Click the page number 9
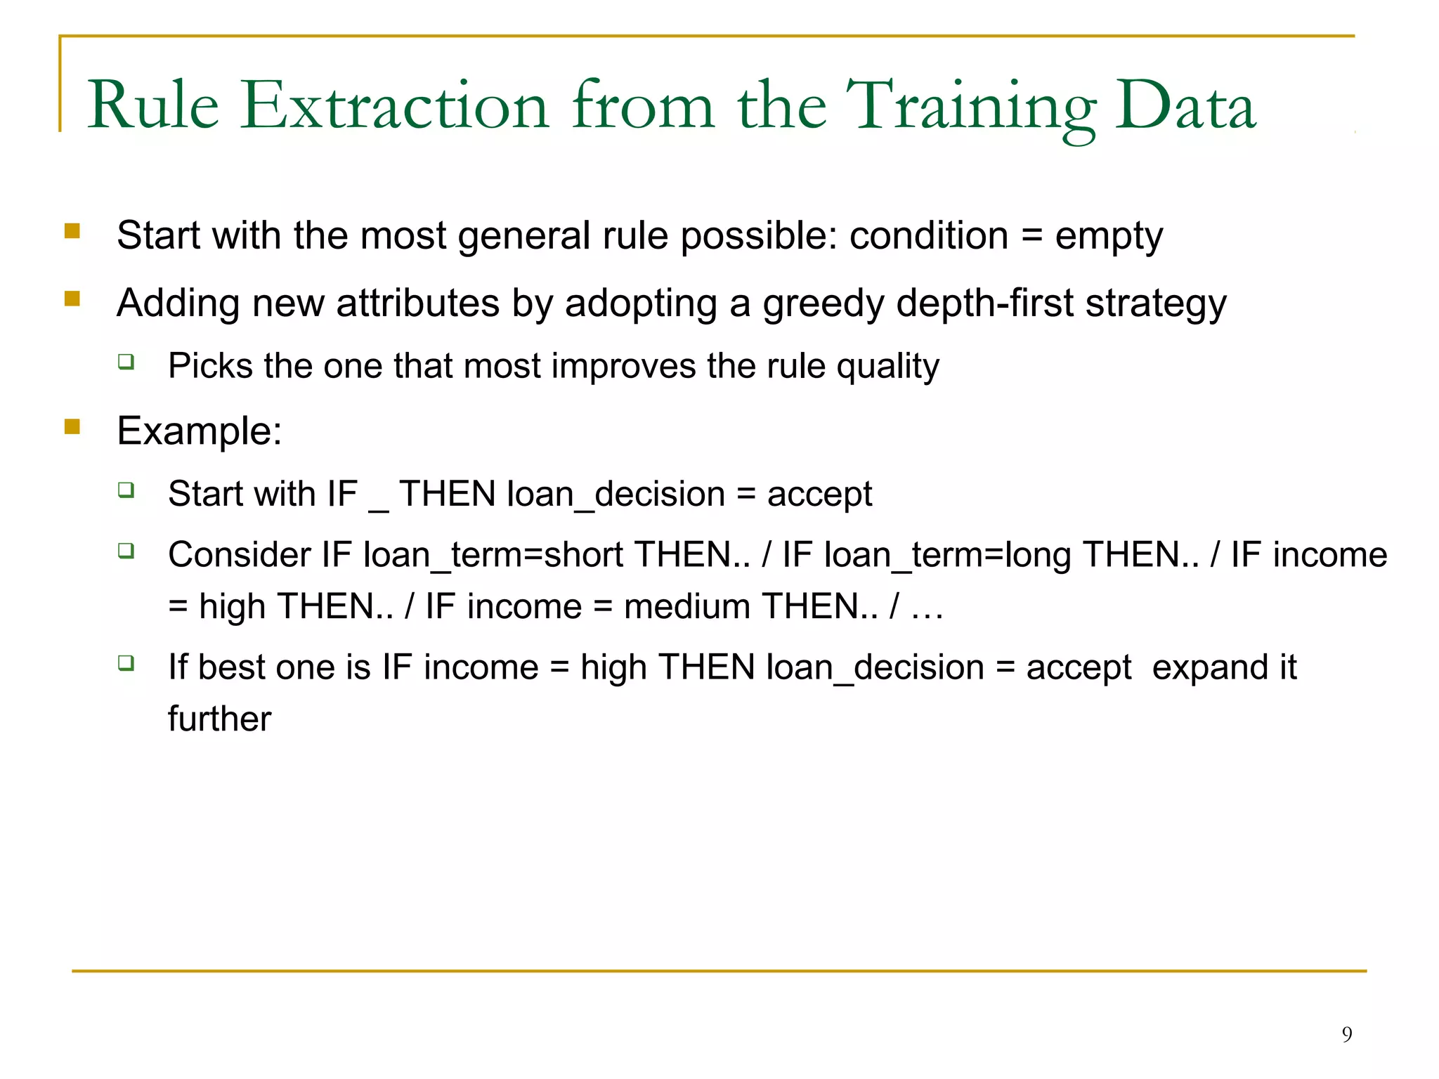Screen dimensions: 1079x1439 pyautogui.click(x=1346, y=1034)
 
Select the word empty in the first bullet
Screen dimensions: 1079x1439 pyautogui.click(x=1109, y=236)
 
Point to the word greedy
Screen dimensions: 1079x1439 pyautogui.click(x=823, y=303)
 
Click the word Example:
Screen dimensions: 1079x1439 pyautogui.click(x=199, y=431)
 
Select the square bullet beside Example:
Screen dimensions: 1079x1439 pyautogui.click(x=72, y=426)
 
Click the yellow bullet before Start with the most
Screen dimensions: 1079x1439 pyautogui.click(x=72, y=230)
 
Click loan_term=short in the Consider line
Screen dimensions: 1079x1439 pyautogui.click(x=493, y=555)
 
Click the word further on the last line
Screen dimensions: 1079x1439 pyautogui.click(x=219, y=719)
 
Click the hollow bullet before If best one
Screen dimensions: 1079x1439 pyautogui.click(x=126, y=662)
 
